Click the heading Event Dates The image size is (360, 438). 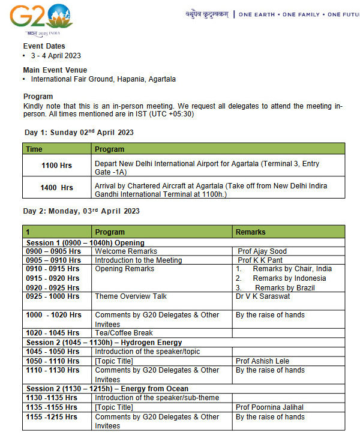(x=44, y=46)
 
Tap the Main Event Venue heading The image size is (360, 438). (x=55, y=70)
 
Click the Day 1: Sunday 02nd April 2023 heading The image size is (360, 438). (x=79, y=133)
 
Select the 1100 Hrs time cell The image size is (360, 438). (x=58, y=164)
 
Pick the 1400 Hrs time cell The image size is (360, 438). (x=58, y=187)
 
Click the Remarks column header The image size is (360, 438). (x=250, y=232)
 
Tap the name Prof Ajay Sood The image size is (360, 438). (x=262, y=251)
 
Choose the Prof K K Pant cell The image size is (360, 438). (x=261, y=260)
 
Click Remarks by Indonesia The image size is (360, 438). (x=289, y=278)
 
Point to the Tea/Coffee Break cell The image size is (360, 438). (x=124, y=333)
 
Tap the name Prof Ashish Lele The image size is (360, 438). (x=263, y=361)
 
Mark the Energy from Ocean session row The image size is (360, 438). (x=107, y=389)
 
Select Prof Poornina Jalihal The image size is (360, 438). (x=270, y=407)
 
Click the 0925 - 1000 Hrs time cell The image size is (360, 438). (x=53, y=296)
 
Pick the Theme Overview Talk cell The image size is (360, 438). (x=131, y=296)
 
